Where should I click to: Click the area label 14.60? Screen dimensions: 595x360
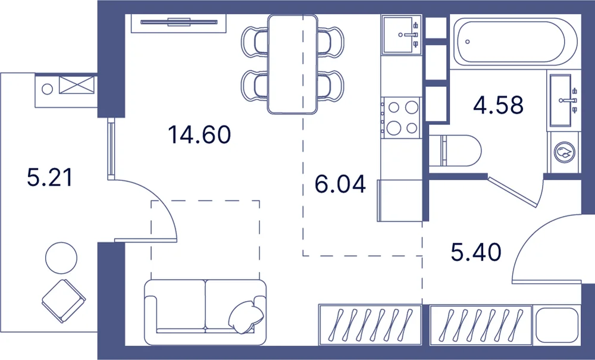click(199, 134)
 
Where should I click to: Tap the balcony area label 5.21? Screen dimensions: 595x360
click(49, 177)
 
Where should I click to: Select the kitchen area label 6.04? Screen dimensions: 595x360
click(340, 184)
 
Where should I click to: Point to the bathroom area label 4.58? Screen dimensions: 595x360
click(498, 105)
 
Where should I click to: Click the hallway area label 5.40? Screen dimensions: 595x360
click(476, 252)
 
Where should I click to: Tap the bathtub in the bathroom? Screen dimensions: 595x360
click(515, 41)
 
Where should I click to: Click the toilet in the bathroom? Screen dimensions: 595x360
click(455, 151)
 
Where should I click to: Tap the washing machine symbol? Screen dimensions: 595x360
click(564, 152)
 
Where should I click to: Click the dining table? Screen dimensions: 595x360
click(292, 64)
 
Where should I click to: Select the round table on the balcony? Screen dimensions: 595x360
click(61, 258)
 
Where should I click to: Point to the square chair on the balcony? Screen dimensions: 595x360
click(64, 301)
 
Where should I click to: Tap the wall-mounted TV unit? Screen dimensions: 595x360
click(178, 23)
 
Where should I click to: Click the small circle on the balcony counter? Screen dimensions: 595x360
click(48, 89)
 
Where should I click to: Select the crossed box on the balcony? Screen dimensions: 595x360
click(77, 84)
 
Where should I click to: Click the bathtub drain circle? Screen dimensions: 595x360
click(468, 42)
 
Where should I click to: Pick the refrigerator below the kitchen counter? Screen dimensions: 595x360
click(400, 201)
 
